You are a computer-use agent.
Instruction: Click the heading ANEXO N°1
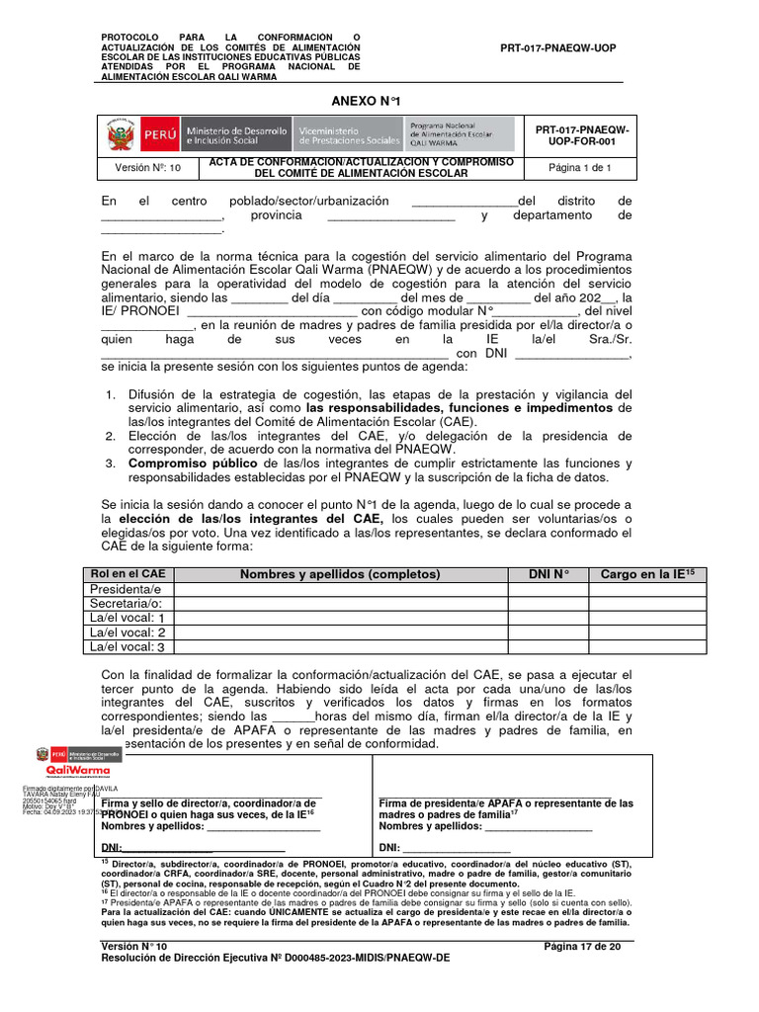tap(366, 100)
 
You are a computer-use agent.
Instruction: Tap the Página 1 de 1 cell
tap(580, 168)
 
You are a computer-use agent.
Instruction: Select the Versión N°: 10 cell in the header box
tap(147, 168)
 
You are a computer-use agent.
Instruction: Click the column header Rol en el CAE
tap(127, 574)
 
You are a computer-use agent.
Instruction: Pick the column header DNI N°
tap(548, 574)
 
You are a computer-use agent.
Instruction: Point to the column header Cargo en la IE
tap(647, 574)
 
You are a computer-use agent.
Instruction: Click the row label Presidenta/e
tap(126, 590)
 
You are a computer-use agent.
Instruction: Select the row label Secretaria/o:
tap(126, 604)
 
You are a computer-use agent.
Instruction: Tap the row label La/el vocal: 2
tap(126, 632)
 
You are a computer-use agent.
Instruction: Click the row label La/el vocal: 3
tap(126, 647)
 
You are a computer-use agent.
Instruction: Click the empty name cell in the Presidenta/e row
tap(340, 590)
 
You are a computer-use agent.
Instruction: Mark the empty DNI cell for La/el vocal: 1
tap(548, 619)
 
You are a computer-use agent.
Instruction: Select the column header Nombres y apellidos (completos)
tap(340, 574)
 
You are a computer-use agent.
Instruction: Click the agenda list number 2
tap(110, 435)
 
